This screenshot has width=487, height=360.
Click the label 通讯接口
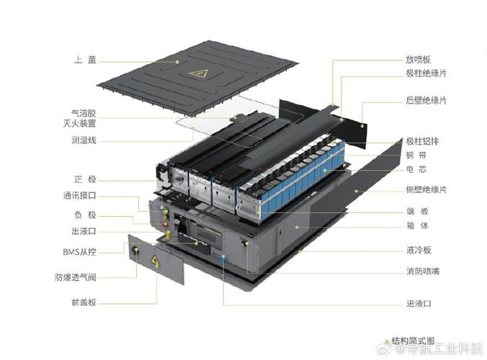point(79,195)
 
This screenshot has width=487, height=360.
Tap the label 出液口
point(82,232)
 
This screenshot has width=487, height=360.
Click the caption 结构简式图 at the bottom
point(413,339)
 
